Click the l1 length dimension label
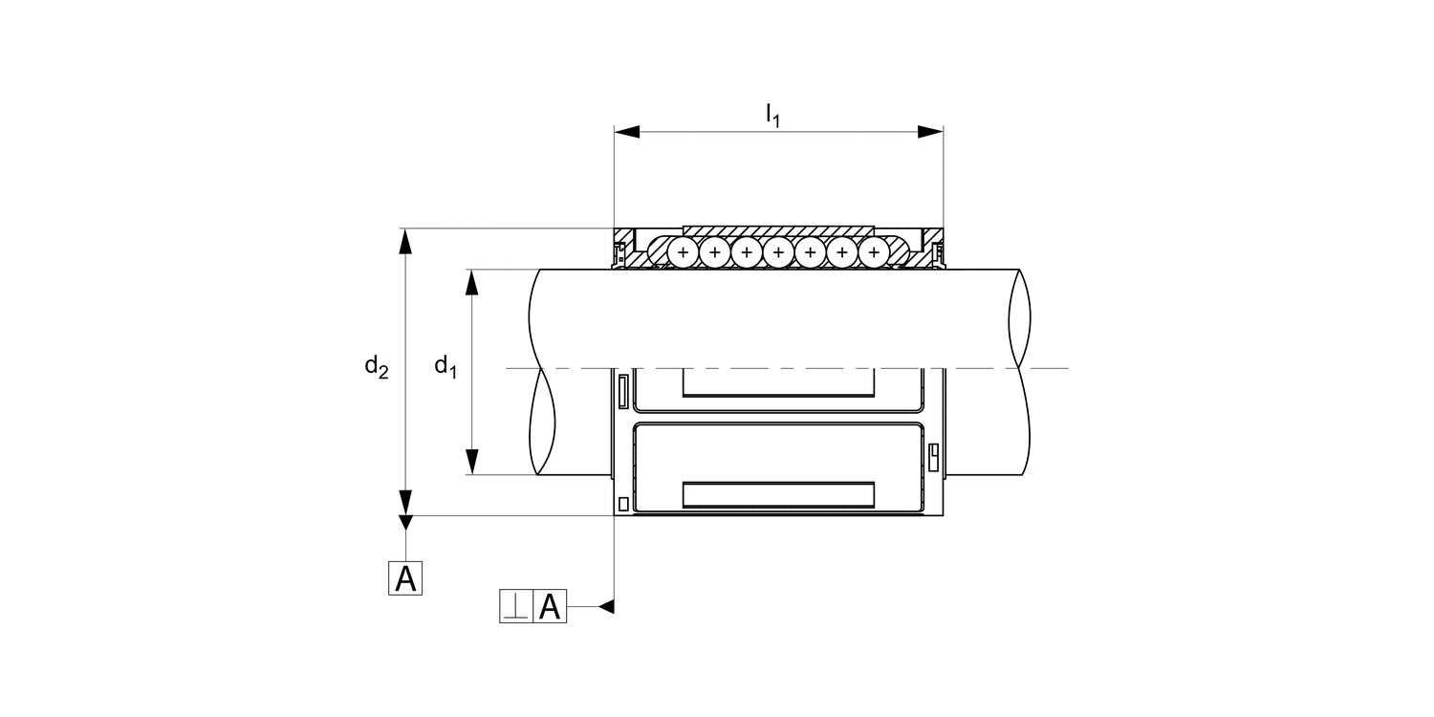(773, 116)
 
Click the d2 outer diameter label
(377, 367)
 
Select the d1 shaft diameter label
(445, 367)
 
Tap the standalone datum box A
(405, 578)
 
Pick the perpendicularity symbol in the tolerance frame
(516, 606)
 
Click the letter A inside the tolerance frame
(550, 606)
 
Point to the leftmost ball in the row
(684, 252)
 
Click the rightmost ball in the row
(874, 252)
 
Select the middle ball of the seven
(778, 252)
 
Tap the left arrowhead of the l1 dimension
(627, 132)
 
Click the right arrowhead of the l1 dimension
(930, 132)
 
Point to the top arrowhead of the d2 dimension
(405, 241)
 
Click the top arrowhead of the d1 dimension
(472, 282)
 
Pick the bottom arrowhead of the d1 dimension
(472, 462)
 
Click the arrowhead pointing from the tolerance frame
(606, 606)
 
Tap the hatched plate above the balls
(778, 231)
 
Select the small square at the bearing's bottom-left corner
(623, 504)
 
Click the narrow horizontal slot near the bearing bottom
(778, 495)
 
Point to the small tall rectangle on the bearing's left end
(623, 392)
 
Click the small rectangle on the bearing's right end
(933, 457)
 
